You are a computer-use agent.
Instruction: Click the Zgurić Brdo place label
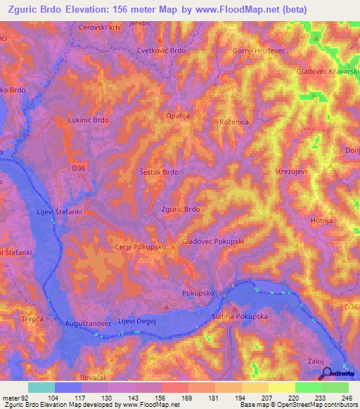coord(181,209)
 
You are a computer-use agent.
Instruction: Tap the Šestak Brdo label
coord(158,172)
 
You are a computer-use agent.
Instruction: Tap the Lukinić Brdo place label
coord(88,121)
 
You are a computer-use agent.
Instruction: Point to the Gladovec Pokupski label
coord(212,241)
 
